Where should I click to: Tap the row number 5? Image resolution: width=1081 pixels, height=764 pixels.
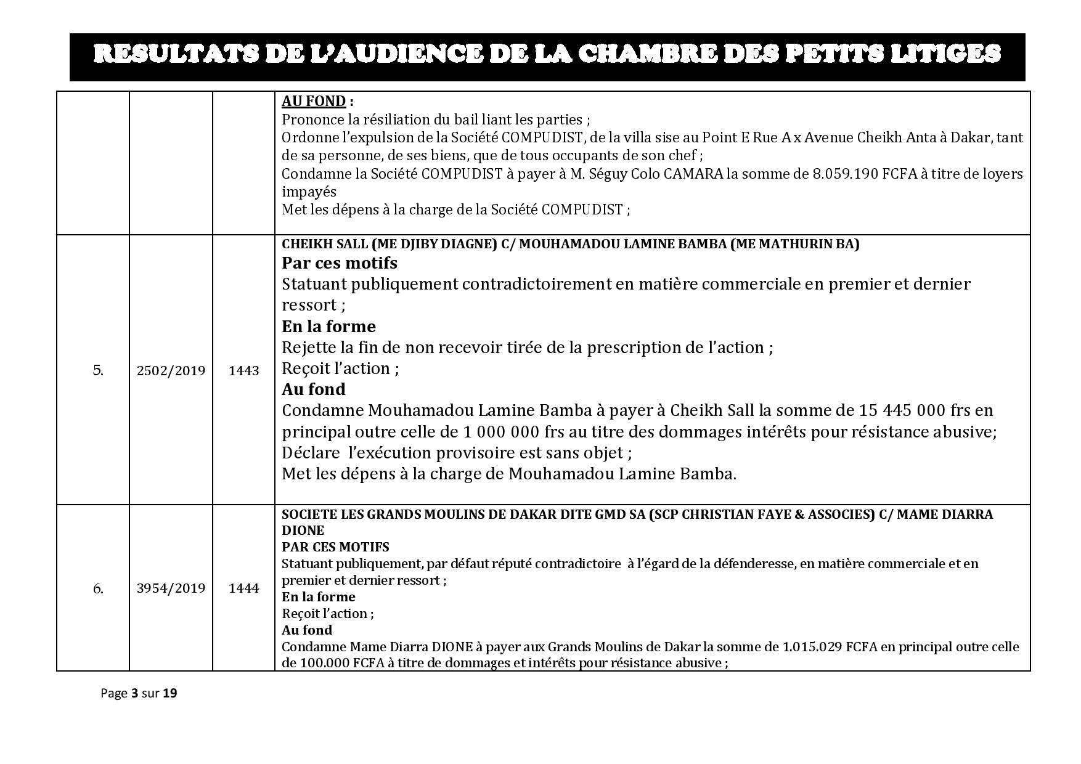(x=98, y=371)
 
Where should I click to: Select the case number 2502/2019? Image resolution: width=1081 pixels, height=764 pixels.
(x=171, y=371)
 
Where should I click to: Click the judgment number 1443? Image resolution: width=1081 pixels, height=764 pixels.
(x=243, y=371)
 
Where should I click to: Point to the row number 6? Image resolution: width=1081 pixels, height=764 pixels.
(x=98, y=588)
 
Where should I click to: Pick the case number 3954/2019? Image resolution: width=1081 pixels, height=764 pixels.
(x=171, y=588)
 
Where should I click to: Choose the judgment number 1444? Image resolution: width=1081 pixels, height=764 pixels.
(x=243, y=588)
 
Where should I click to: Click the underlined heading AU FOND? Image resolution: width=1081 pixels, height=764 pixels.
(x=314, y=102)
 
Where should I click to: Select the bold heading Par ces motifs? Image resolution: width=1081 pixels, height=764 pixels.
(x=340, y=263)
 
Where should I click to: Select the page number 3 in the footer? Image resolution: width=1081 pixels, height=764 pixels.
(x=134, y=693)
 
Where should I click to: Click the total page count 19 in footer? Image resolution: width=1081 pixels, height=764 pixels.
(x=170, y=693)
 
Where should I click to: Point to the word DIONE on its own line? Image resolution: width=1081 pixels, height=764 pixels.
(x=303, y=530)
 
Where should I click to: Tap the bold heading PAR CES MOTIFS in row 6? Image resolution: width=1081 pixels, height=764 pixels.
(x=335, y=547)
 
